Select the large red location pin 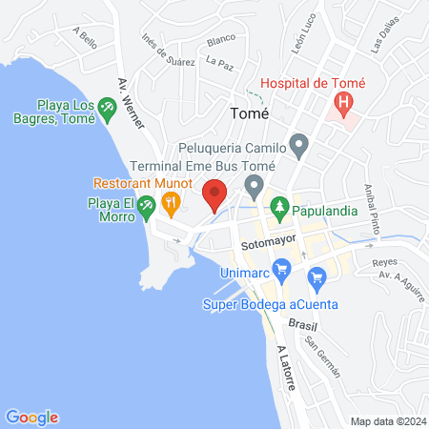214,195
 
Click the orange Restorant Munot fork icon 172,201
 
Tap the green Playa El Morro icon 146,205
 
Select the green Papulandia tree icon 279,204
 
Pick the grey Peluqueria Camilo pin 299,147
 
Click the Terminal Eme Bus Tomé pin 254,184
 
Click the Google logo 31,417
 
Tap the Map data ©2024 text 387,421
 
